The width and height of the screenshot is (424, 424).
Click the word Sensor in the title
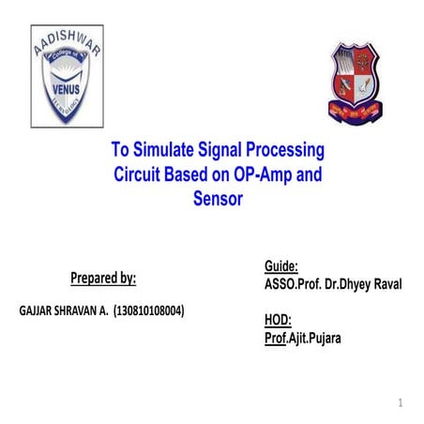pyautogui.click(x=218, y=198)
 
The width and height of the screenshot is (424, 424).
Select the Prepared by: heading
pyautogui.click(x=103, y=278)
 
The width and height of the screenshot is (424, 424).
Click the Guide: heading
pyautogui.click(x=281, y=266)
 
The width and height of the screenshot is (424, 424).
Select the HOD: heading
pyautogui.click(x=279, y=321)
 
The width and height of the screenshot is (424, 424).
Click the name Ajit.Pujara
pyautogui.click(x=315, y=339)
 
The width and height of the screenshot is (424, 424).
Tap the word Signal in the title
pyautogui.click(x=222, y=150)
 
